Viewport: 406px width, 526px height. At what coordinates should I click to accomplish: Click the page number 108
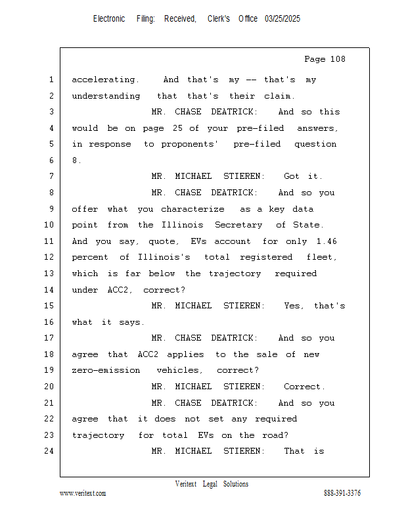(x=338, y=59)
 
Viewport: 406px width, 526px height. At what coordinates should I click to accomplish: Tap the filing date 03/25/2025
(x=282, y=19)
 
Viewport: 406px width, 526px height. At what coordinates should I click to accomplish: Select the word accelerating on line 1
(x=105, y=80)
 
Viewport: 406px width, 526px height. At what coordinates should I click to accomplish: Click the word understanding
(x=106, y=96)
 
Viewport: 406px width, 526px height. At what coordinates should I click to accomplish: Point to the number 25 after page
(x=177, y=128)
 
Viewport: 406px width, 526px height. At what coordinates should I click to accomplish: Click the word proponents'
(x=189, y=144)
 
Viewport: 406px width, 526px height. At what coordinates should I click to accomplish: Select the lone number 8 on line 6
(x=75, y=160)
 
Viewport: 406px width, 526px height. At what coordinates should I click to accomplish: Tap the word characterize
(x=192, y=209)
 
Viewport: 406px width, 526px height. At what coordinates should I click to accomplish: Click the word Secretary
(x=238, y=225)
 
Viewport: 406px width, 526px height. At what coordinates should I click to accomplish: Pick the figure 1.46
(x=327, y=241)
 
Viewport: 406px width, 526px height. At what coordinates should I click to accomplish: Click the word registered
(x=266, y=257)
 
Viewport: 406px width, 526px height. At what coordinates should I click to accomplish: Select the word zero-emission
(x=106, y=370)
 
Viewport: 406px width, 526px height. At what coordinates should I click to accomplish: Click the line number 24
(x=49, y=451)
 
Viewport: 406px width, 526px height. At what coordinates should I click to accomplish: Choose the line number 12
(x=49, y=257)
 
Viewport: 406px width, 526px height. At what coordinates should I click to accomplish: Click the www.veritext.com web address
(x=83, y=493)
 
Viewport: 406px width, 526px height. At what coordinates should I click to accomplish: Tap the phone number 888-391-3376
(x=342, y=493)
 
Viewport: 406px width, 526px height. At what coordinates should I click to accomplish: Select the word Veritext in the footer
(x=186, y=484)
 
